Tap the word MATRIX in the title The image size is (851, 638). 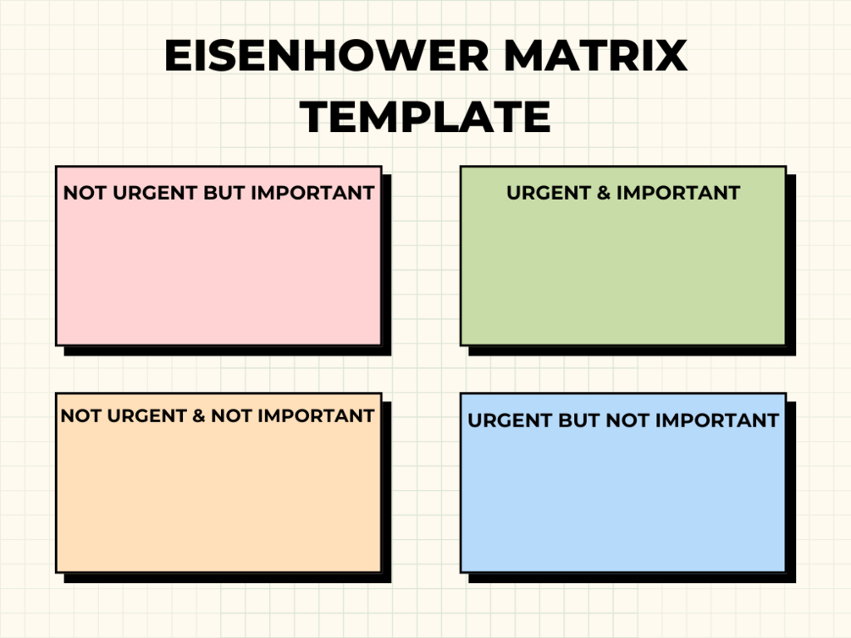coord(596,55)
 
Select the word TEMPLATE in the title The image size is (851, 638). coord(425,117)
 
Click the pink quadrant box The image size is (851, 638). coord(218,256)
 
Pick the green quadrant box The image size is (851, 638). coord(623,256)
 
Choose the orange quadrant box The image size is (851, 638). coord(218,483)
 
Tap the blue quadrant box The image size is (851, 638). coord(623,483)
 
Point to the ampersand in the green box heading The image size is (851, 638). coord(603,193)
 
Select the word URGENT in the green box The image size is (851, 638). coord(548,193)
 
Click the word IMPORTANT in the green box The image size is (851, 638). coord(678,193)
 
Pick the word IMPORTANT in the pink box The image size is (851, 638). coord(312,193)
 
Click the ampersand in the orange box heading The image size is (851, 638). coord(199,416)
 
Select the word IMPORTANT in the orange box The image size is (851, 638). coord(316,416)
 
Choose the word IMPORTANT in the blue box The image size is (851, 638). coord(717,421)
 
